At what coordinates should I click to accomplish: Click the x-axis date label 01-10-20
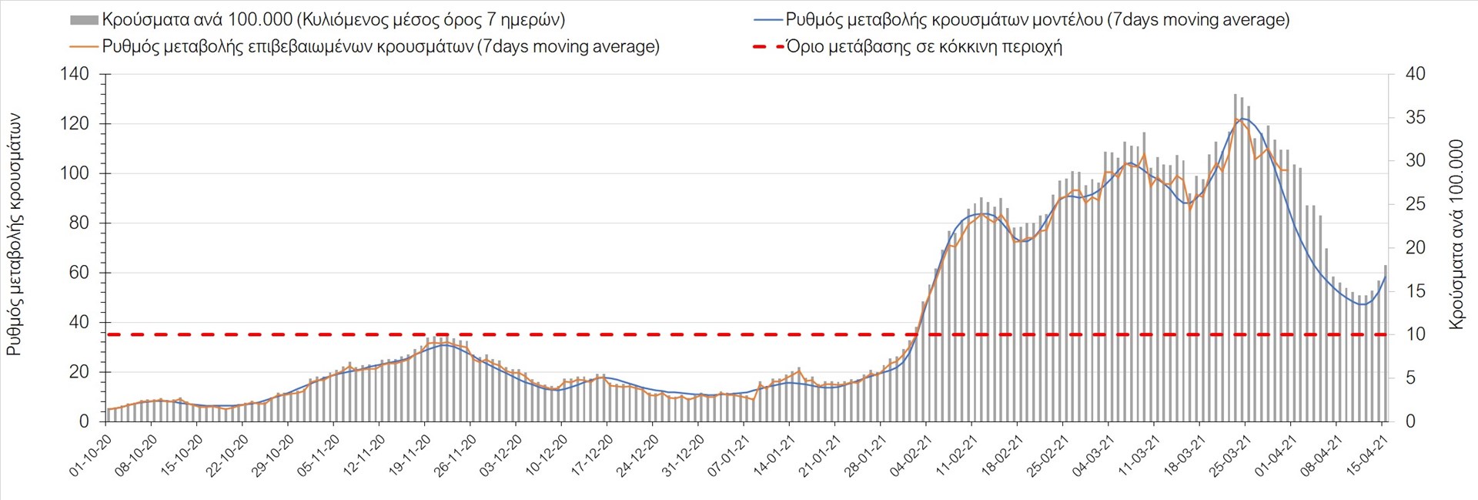click(92, 455)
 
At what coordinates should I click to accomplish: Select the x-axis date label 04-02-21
click(911, 455)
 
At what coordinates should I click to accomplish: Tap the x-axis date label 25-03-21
click(1230, 455)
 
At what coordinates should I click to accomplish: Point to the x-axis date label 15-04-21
click(1367, 455)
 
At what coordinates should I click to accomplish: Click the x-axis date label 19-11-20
click(410, 455)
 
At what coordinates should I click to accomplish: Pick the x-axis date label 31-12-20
click(684, 455)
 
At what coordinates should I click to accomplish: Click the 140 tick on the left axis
click(75, 74)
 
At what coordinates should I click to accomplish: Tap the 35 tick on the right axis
click(1415, 118)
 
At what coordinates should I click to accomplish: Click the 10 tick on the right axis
click(1415, 334)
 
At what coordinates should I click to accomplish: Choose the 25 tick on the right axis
click(1415, 204)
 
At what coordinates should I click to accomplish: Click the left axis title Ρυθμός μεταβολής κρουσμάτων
click(14, 235)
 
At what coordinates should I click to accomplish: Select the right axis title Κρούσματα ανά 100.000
click(1456, 234)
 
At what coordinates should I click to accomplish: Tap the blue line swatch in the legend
click(767, 20)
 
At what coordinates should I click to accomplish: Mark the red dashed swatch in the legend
click(767, 47)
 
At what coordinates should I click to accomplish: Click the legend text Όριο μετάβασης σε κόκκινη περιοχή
click(924, 47)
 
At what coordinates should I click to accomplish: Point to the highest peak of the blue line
click(1241, 119)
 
